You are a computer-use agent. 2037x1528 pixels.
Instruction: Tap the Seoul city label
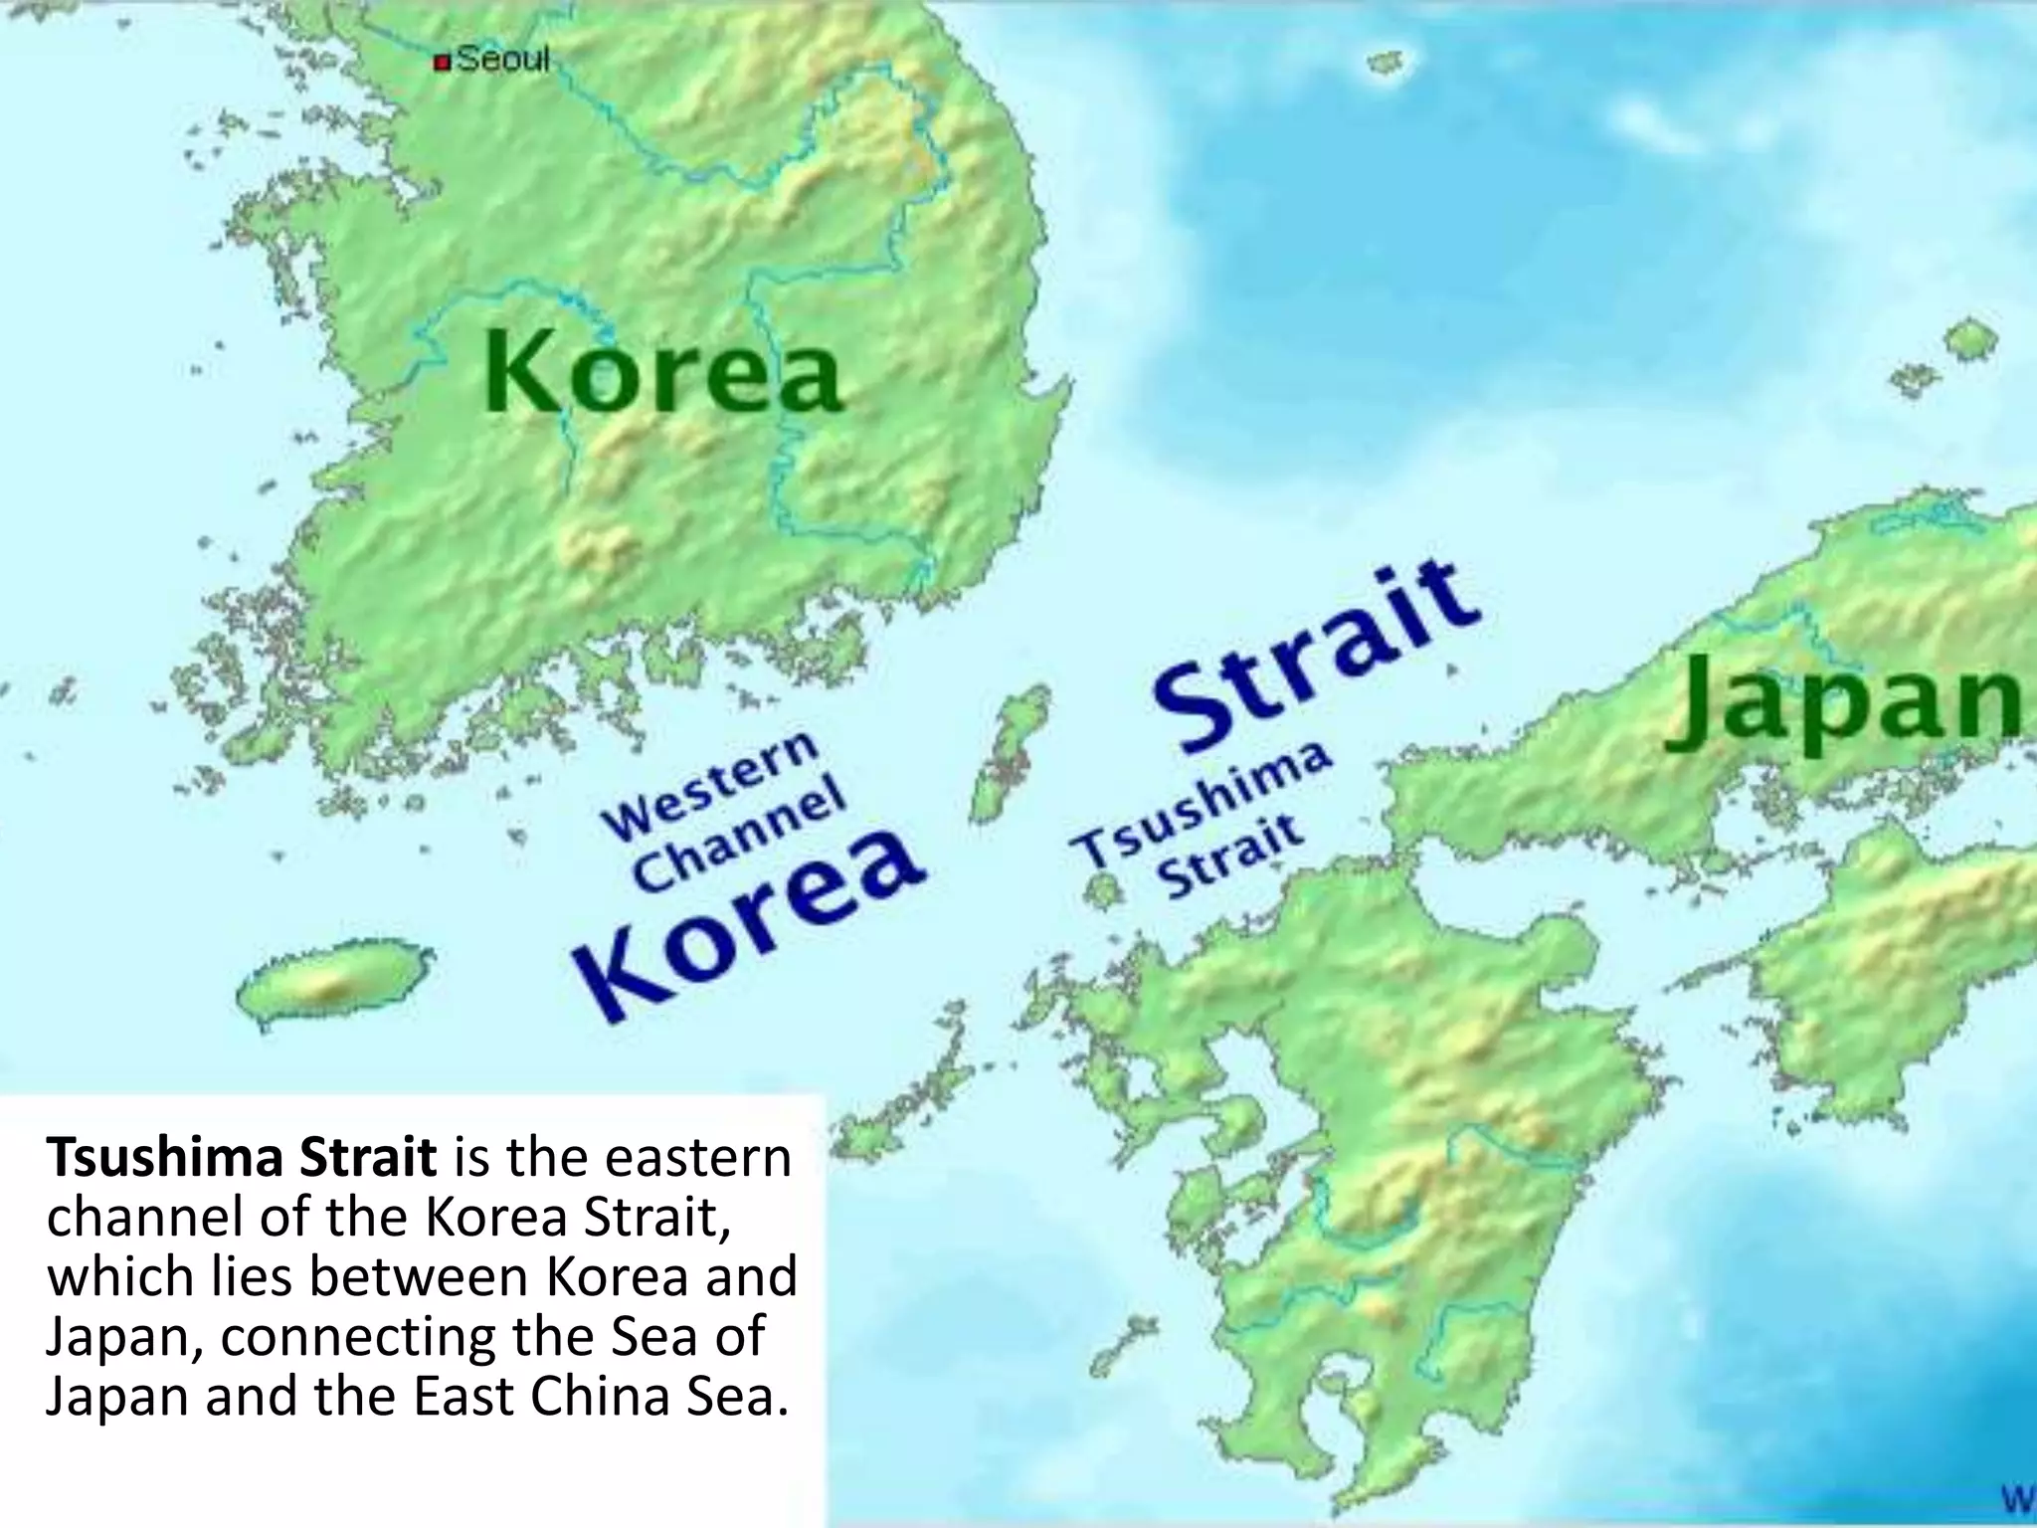pyautogui.click(x=503, y=60)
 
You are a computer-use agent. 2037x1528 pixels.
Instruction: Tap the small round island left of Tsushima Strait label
pyautogui.click(x=1101, y=888)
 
